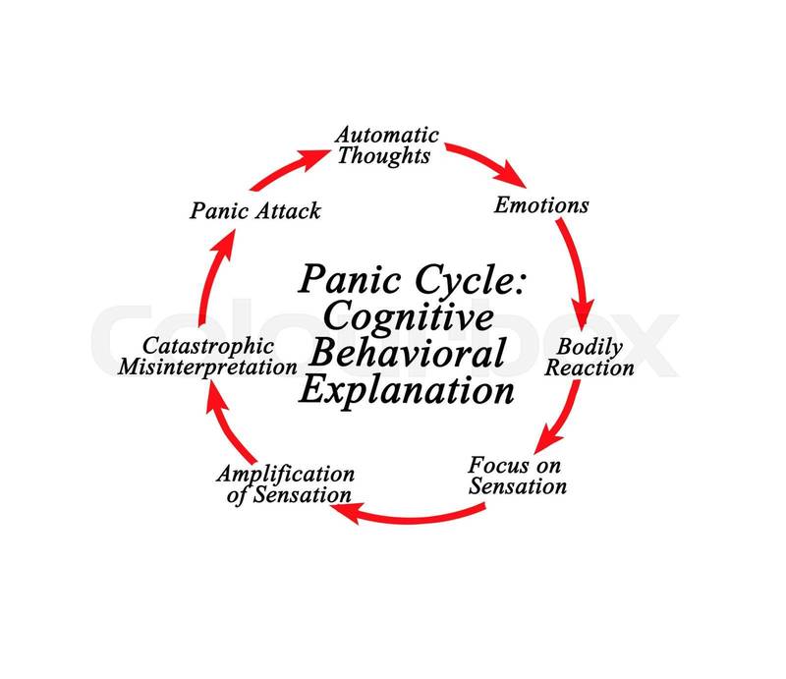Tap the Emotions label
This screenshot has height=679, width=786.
click(x=541, y=204)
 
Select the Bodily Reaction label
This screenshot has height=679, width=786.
click(x=589, y=357)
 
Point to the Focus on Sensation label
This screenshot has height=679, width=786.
click(x=518, y=475)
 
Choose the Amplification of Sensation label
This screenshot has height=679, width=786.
click(x=285, y=483)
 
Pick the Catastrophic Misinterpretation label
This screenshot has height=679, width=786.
click(x=206, y=357)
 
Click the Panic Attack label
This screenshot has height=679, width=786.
click(x=255, y=210)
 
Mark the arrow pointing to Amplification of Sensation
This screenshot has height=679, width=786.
click(x=418, y=513)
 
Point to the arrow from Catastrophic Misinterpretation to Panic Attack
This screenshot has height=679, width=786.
click(x=209, y=285)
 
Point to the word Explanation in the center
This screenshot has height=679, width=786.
click(x=407, y=390)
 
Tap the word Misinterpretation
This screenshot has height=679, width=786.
click(x=206, y=368)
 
